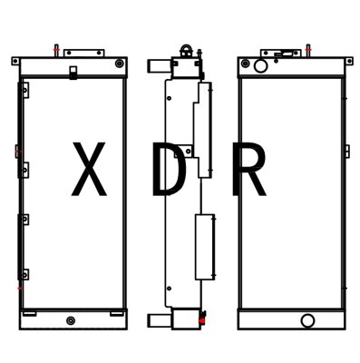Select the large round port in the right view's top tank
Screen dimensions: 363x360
point(260,65)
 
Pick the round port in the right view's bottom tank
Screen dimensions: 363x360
point(308,319)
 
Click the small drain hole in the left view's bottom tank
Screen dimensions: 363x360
point(72,319)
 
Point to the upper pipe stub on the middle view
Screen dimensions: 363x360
point(156,66)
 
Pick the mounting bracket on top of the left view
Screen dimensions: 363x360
point(84,53)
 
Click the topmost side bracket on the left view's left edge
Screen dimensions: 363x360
point(25,88)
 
